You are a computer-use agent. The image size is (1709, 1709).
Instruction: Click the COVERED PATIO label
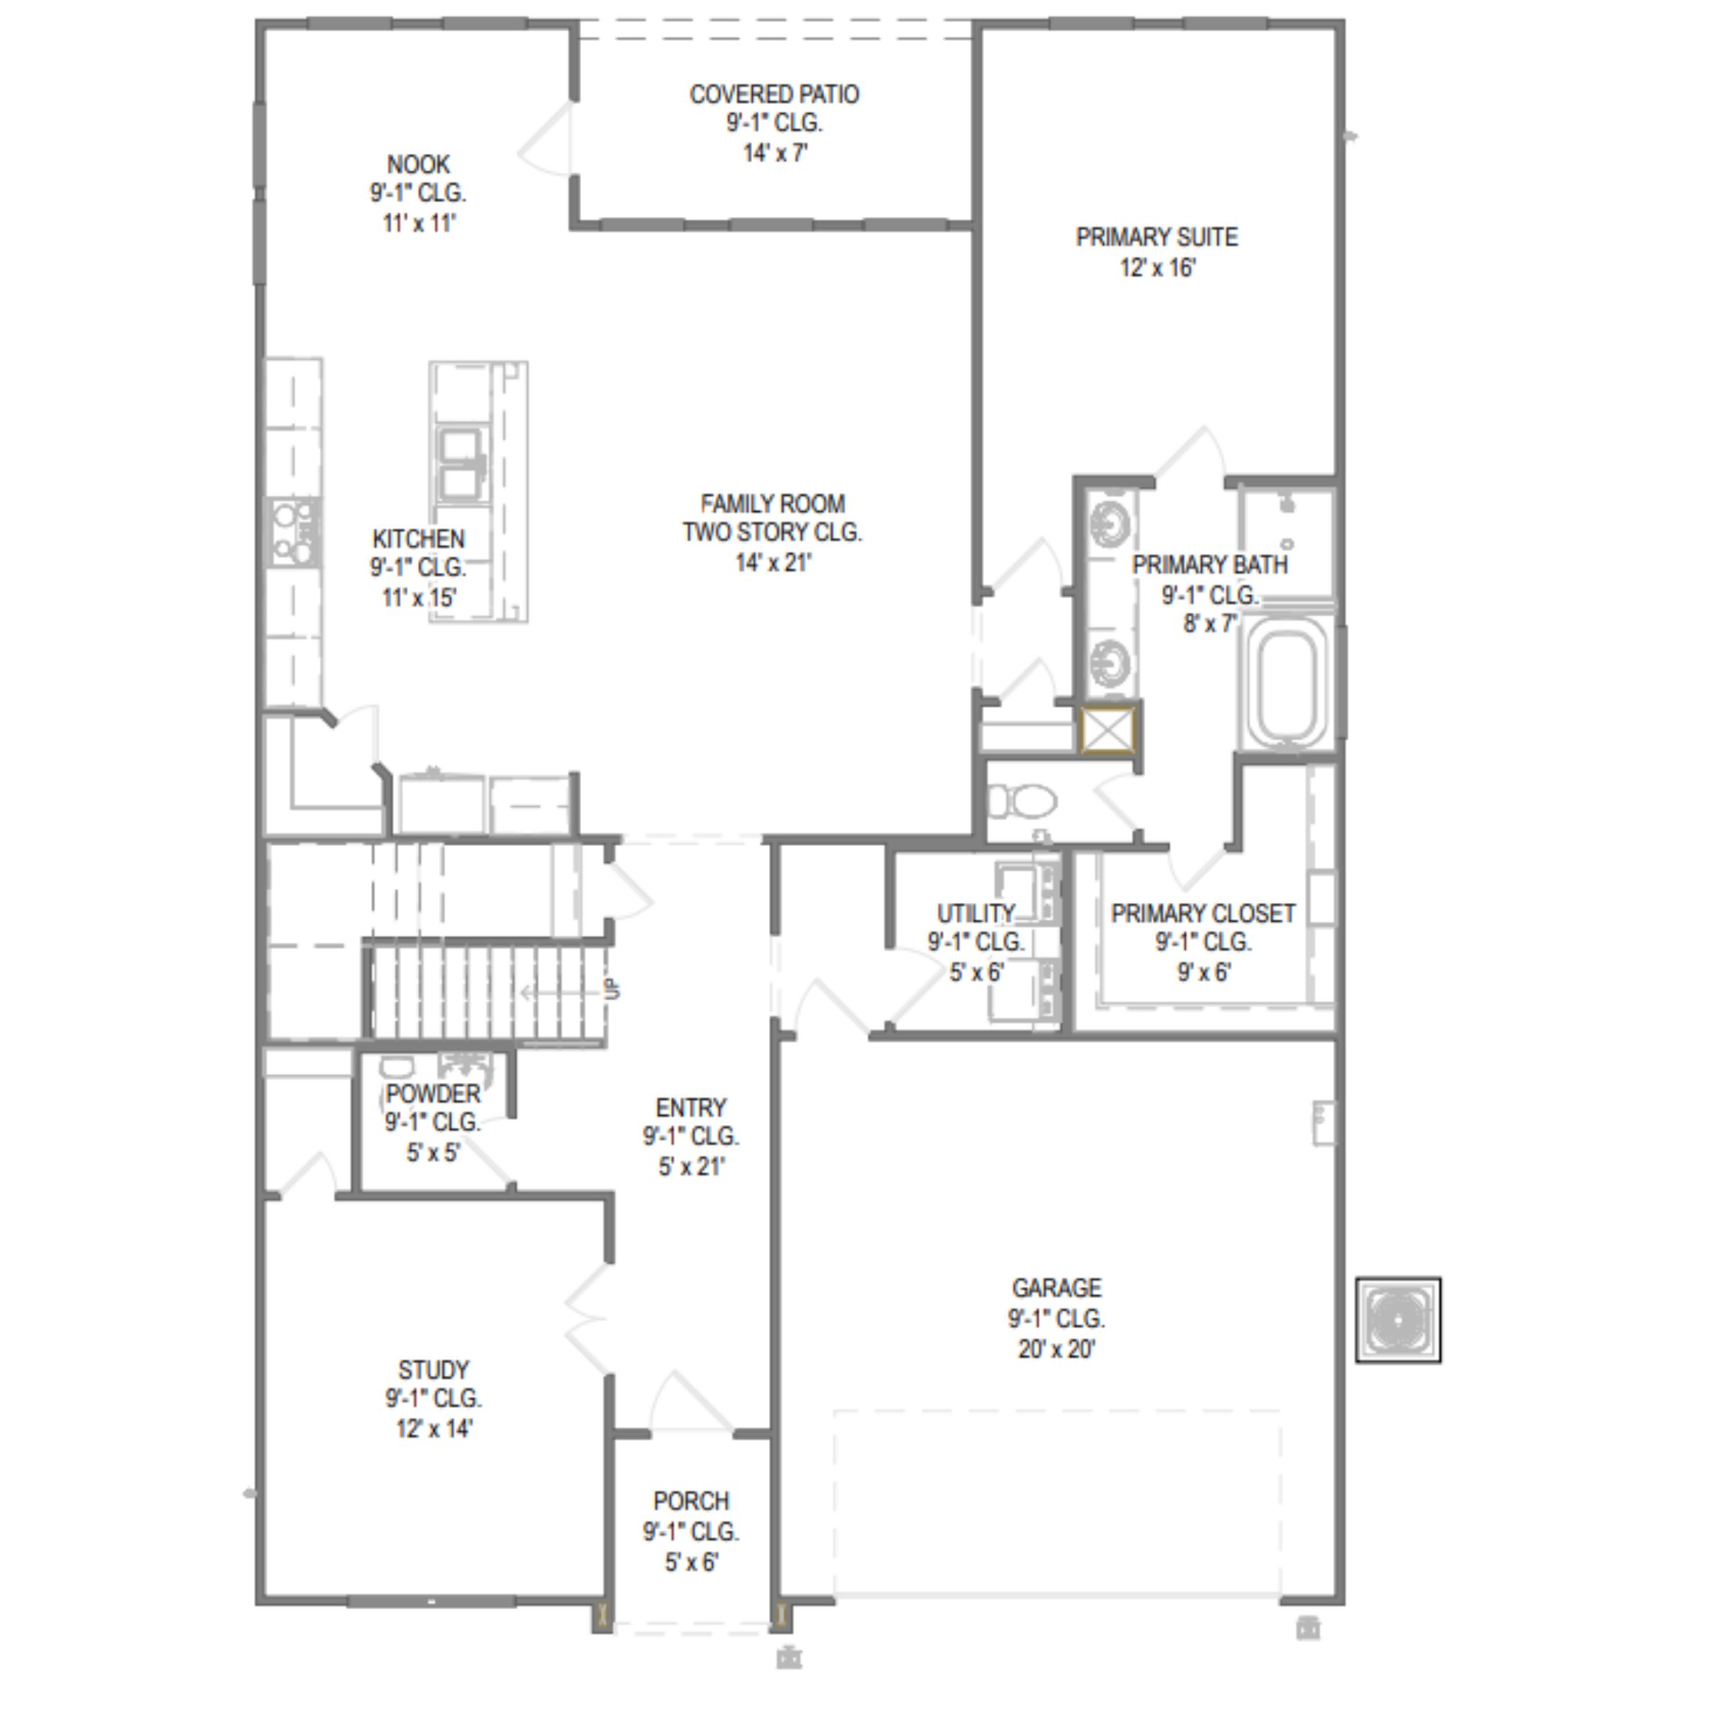coord(774,95)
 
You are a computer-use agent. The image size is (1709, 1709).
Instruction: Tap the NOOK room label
coord(419,164)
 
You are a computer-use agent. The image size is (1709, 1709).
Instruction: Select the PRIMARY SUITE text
coord(1157,237)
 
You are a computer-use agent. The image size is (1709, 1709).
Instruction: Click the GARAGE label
coord(1057,1288)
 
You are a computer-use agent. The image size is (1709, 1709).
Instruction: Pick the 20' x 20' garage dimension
coord(1057,1349)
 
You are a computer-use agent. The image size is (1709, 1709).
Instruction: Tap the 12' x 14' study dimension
coord(434,1428)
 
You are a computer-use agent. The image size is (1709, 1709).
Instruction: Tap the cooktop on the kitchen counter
coord(295,532)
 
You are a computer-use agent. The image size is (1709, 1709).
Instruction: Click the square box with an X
coord(1107,730)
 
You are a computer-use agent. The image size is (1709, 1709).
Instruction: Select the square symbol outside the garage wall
coord(1399,1321)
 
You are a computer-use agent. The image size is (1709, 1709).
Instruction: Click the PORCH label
coord(691,1501)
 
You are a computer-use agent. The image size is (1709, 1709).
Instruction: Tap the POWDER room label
coord(434,1093)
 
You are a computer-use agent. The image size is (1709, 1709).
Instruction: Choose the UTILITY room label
coord(976,913)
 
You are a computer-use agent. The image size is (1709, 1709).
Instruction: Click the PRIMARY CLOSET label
coord(1203,913)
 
